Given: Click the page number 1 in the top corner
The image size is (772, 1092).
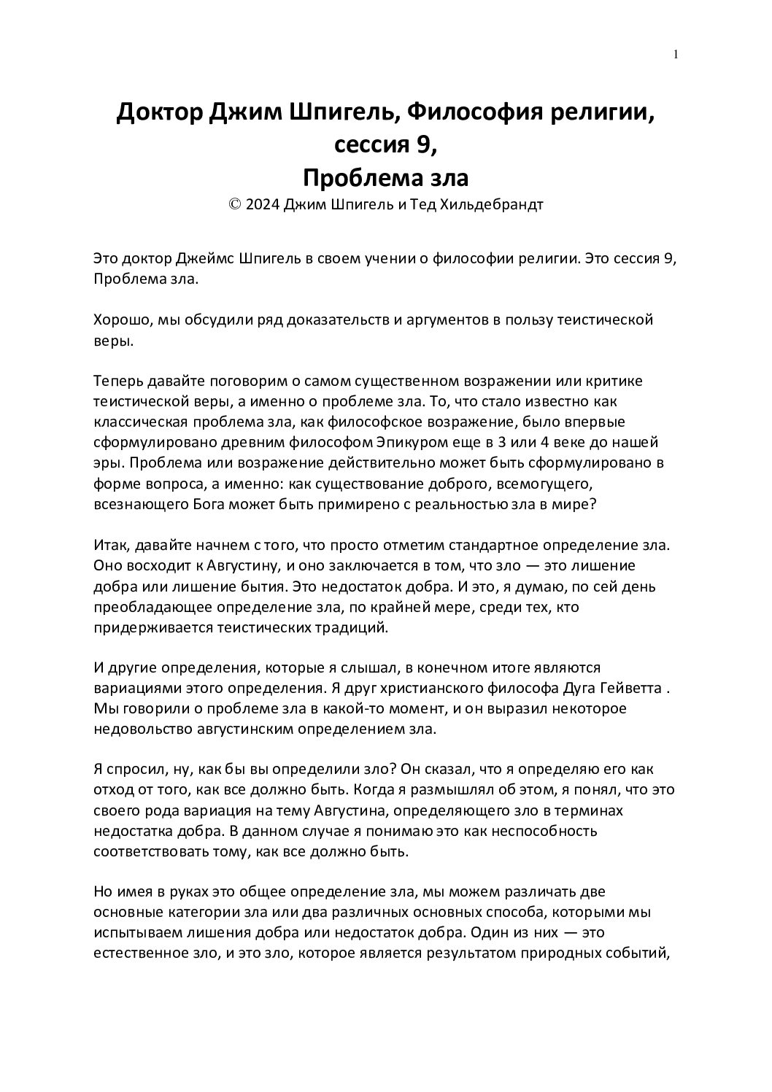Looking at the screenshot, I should [x=676, y=54].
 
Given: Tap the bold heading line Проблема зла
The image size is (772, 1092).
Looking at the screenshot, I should [x=385, y=177].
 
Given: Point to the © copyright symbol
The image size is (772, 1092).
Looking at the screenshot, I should [x=236, y=205].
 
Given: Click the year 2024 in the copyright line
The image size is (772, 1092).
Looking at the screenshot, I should [x=262, y=205].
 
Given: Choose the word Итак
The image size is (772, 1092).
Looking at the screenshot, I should [x=110, y=545].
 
